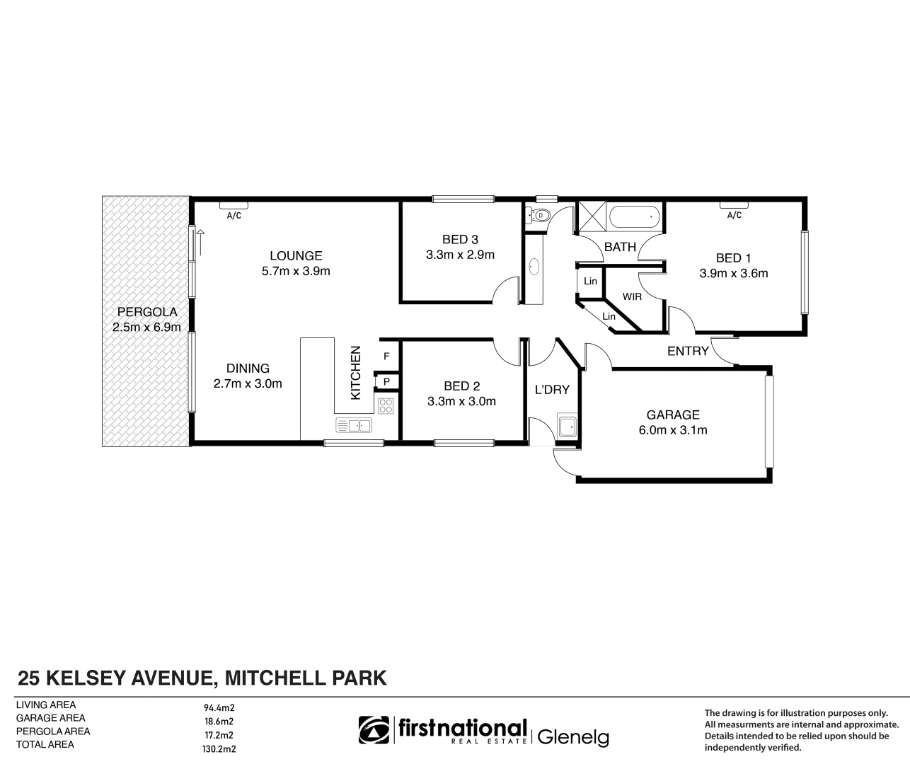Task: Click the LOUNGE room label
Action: tap(296, 255)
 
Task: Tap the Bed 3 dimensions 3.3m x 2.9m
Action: tap(460, 255)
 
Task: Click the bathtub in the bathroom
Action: tap(635, 216)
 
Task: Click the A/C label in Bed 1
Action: tap(734, 215)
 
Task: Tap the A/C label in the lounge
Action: tap(234, 216)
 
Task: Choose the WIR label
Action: tap(632, 296)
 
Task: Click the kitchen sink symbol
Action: tap(354, 425)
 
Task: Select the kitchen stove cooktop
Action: tap(386, 406)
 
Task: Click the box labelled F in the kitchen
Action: tap(386, 357)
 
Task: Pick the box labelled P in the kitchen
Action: tap(386, 382)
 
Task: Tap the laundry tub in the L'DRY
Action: tap(567, 427)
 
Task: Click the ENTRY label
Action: tap(688, 351)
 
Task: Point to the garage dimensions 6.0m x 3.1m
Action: tap(672, 429)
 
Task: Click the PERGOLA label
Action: tap(147, 311)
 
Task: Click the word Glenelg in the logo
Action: tap(573, 737)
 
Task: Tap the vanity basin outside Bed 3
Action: tap(534, 267)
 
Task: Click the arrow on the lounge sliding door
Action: tap(200, 243)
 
